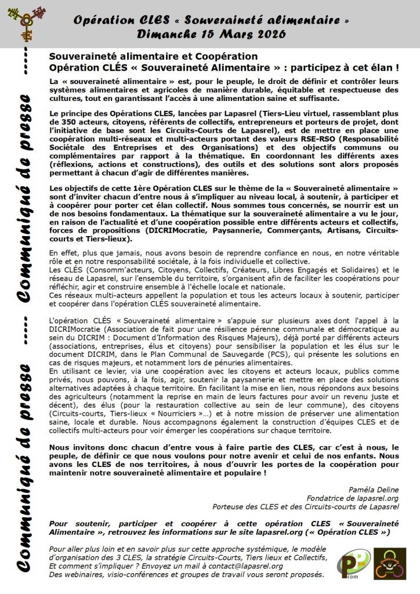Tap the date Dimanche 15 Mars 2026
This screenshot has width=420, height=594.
211,34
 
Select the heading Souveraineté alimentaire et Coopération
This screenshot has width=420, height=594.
153,56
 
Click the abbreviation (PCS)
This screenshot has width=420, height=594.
258,354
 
